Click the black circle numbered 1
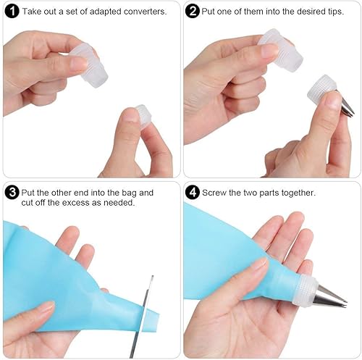click(x=12, y=12)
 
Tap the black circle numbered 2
click(x=193, y=12)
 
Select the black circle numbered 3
click(x=12, y=193)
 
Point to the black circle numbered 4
click(x=193, y=193)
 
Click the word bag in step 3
click(x=130, y=193)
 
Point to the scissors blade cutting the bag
click(x=142, y=317)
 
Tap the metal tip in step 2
click(x=347, y=106)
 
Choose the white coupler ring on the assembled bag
click(x=306, y=292)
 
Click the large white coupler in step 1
click(x=90, y=65)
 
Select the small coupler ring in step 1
click(x=143, y=115)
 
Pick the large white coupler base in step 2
click(x=281, y=50)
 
